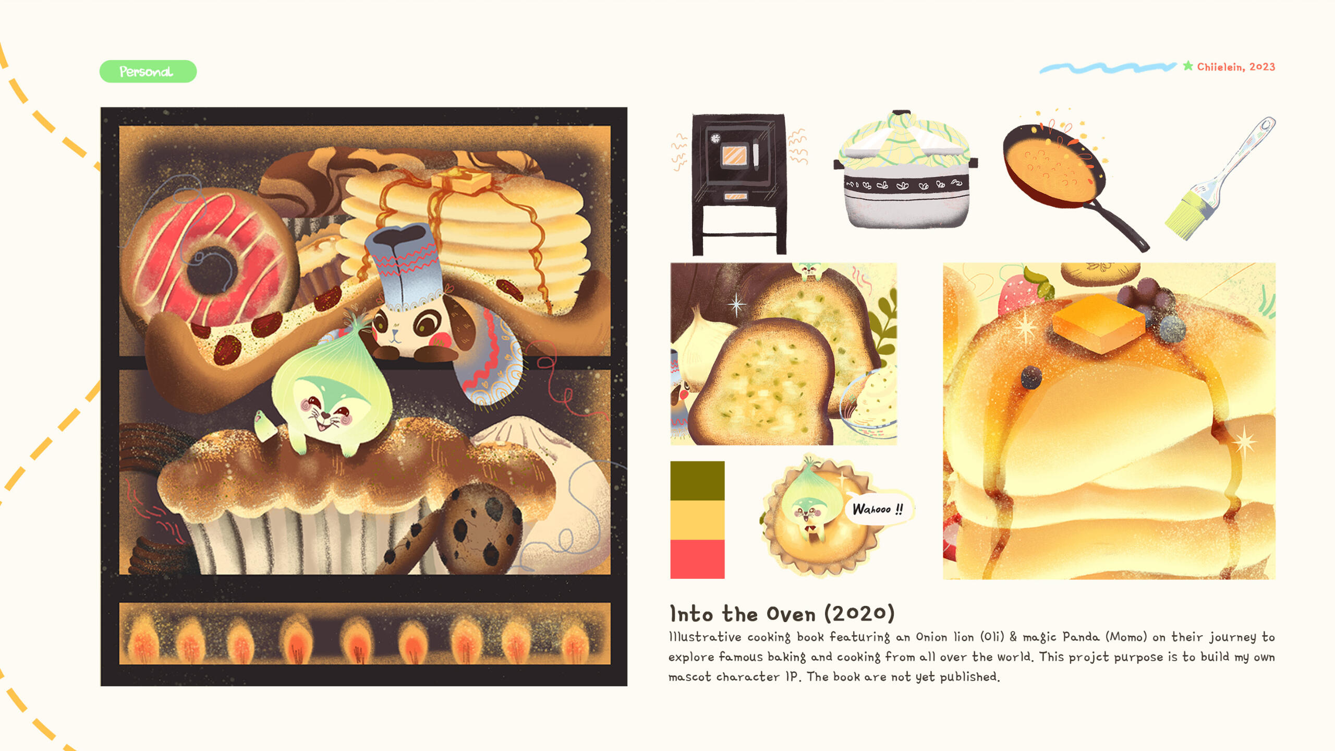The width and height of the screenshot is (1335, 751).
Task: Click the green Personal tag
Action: point(148,71)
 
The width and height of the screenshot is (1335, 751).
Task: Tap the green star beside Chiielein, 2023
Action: point(1188,66)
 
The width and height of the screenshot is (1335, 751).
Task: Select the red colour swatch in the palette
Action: point(697,559)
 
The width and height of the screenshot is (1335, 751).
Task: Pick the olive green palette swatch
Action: point(697,481)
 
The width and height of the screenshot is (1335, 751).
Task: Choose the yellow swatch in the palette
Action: point(697,520)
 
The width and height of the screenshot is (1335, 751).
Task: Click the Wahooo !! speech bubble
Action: point(878,509)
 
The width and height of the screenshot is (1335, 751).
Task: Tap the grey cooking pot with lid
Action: point(906,170)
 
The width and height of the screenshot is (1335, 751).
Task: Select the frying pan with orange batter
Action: point(1069,180)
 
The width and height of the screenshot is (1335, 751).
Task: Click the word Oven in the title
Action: point(791,614)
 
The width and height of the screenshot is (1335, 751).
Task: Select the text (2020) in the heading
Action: point(859,614)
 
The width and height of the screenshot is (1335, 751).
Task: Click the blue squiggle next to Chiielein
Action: point(1108,68)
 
